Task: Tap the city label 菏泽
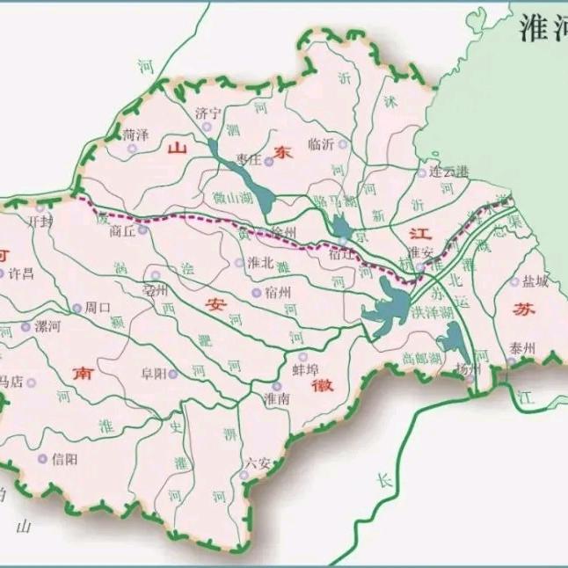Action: tap(136, 134)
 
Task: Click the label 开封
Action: tap(41, 222)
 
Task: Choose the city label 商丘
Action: tap(122, 232)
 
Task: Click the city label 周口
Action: tap(97, 309)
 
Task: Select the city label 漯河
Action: tap(47, 326)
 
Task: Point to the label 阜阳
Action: tap(153, 374)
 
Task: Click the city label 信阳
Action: tap(64, 458)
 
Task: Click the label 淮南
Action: tap(277, 398)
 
